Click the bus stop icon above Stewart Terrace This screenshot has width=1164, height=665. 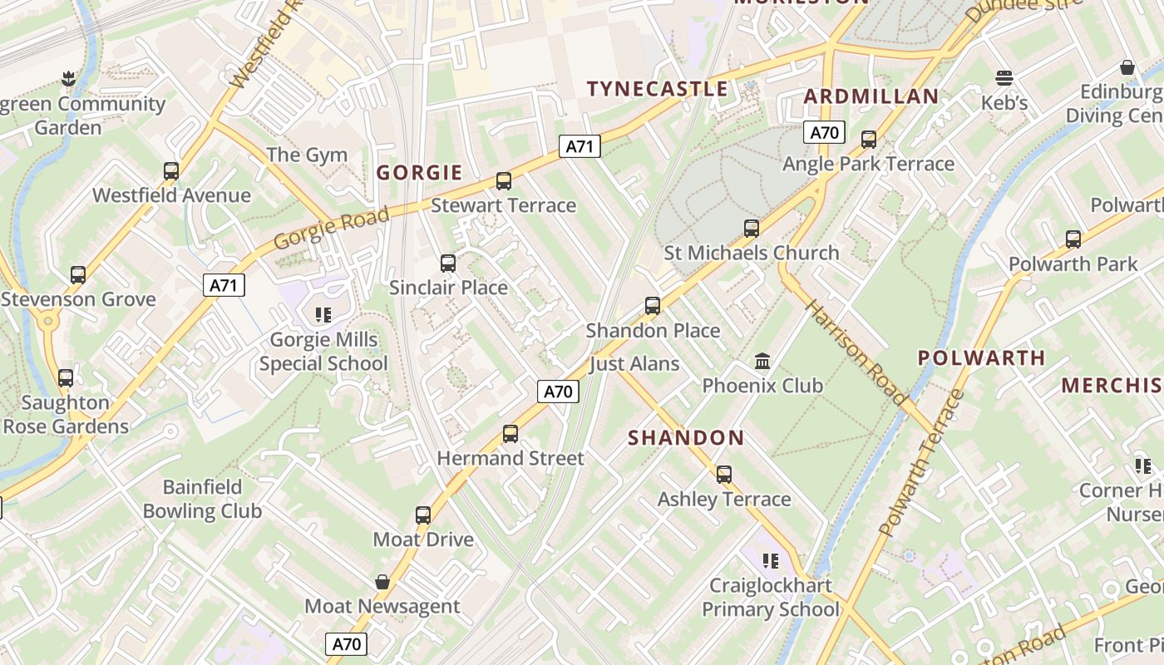pyautogui.click(x=503, y=181)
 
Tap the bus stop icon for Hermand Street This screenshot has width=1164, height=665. pyautogui.click(x=510, y=434)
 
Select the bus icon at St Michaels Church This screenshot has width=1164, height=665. pyautogui.click(x=752, y=229)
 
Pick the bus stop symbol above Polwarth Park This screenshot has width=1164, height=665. pyautogui.click(x=1073, y=240)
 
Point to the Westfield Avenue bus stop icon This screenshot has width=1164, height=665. pyautogui.click(x=171, y=171)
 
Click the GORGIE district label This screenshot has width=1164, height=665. pyautogui.click(x=419, y=173)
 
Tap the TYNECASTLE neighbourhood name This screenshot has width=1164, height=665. pyautogui.click(x=657, y=89)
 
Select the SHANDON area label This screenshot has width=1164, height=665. pyautogui.click(x=686, y=438)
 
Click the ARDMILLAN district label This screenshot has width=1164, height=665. pyautogui.click(x=871, y=96)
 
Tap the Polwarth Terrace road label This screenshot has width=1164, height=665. pyautogui.click(x=920, y=462)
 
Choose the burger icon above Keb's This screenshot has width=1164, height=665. pyautogui.click(x=1004, y=78)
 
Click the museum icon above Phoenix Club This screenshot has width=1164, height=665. pyautogui.click(x=762, y=362)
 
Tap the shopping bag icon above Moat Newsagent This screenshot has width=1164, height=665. pyautogui.click(x=382, y=582)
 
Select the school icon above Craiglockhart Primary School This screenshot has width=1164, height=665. pyautogui.click(x=771, y=561)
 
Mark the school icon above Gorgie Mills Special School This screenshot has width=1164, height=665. pyautogui.click(x=323, y=315)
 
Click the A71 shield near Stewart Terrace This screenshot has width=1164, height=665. pyautogui.click(x=580, y=147)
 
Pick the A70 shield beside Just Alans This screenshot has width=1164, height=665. pyautogui.click(x=557, y=392)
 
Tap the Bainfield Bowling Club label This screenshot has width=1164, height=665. pyautogui.click(x=202, y=499)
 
